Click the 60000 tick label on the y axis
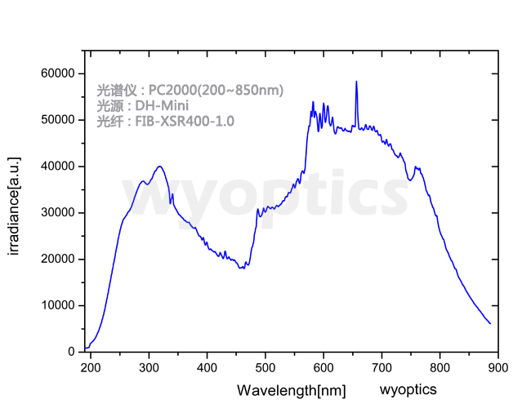click(56, 73)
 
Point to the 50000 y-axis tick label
click(56, 120)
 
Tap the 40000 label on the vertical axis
click(56, 167)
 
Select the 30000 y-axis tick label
click(56, 213)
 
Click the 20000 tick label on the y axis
click(56, 260)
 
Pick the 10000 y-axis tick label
click(56, 306)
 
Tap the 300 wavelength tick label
click(149, 367)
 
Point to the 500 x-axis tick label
click(265, 367)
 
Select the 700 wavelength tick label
click(382, 367)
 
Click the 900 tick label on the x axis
click(498, 367)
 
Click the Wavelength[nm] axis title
click(291, 391)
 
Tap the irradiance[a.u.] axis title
click(14, 206)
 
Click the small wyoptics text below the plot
click(408, 389)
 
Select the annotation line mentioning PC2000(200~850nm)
click(190, 90)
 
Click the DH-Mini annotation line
click(143, 106)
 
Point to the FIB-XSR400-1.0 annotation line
click(165, 122)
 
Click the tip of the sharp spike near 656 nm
click(356, 82)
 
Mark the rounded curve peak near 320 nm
click(160, 167)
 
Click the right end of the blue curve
click(490, 323)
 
